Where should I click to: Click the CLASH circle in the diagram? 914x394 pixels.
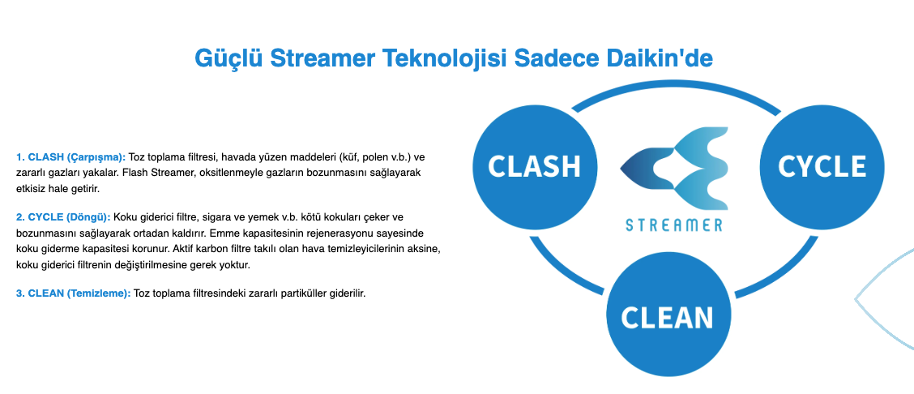(x=535, y=167)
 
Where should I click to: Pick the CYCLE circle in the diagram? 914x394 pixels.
(x=822, y=167)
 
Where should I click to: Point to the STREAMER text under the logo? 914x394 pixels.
(x=674, y=225)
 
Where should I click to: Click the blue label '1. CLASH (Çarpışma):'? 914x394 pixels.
(x=70, y=156)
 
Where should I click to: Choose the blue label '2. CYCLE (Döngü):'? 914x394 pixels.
(x=63, y=217)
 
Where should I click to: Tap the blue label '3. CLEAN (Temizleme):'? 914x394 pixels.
(x=74, y=293)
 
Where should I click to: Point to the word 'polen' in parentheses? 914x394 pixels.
(x=368, y=156)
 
